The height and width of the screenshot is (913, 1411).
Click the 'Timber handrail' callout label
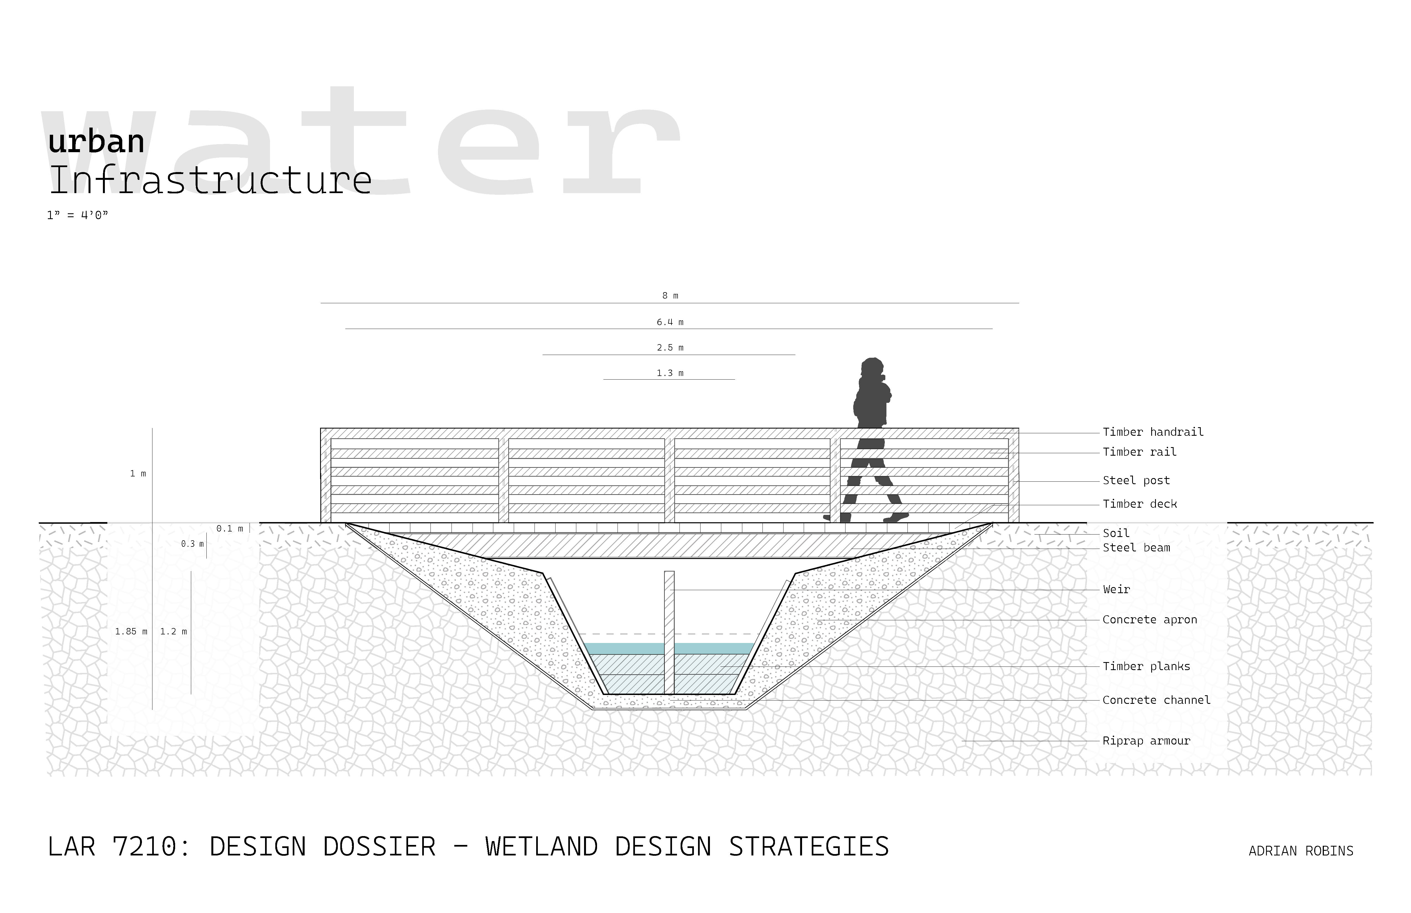point(1153,432)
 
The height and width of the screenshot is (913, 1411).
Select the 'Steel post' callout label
point(1136,481)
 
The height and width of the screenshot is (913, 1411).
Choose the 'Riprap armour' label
point(1146,741)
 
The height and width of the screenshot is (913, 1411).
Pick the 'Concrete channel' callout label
point(1156,700)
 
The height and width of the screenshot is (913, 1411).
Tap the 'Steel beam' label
point(1136,548)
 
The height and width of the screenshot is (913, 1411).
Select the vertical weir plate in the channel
point(669,631)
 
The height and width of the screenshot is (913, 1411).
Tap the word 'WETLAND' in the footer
point(541,847)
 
